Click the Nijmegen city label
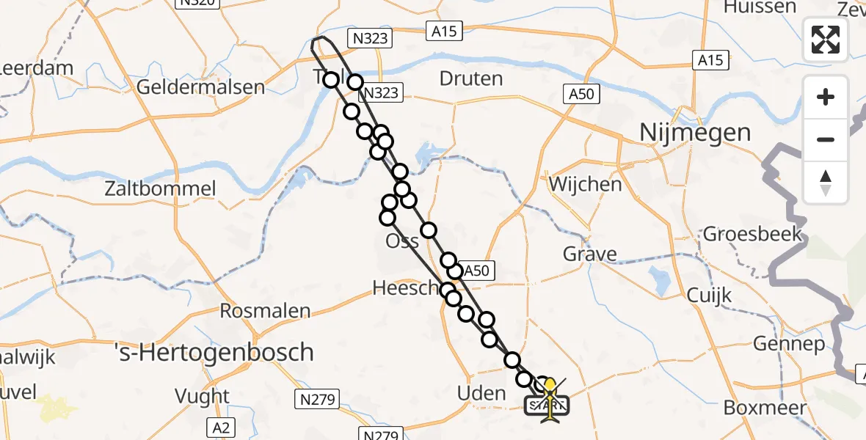695,133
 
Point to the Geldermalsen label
200,87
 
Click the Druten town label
470,78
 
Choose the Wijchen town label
586,184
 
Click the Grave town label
590,254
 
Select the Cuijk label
710,296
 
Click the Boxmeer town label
765,408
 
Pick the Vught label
202,396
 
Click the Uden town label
481,394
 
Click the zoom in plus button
826,97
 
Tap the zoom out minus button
826,139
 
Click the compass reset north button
826,182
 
